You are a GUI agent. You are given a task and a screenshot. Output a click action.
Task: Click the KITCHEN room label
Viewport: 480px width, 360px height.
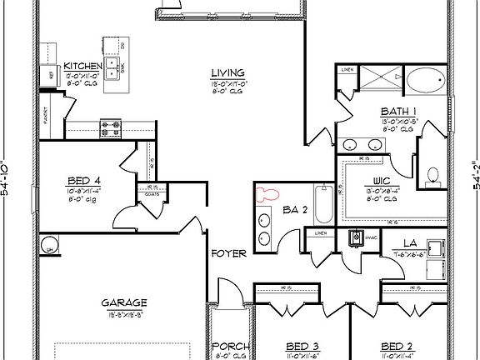point(82,67)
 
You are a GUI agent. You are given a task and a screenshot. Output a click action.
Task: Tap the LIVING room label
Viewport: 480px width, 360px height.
point(225,73)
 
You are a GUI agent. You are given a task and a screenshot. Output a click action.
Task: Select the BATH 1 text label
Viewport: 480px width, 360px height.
point(394,111)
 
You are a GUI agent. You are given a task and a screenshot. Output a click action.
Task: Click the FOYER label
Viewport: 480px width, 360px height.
point(227,253)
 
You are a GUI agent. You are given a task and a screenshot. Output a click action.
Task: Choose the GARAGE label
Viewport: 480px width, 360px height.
point(125,302)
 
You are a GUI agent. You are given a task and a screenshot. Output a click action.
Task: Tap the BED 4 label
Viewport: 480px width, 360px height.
point(84,180)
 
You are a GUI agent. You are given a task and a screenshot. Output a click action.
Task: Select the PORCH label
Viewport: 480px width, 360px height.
point(227,347)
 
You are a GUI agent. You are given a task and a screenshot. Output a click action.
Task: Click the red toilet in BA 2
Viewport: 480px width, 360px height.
point(269,195)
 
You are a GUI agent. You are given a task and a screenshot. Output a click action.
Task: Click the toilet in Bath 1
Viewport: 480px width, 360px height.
point(432,175)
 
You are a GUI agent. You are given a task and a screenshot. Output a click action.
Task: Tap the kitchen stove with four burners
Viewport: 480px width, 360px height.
point(110,128)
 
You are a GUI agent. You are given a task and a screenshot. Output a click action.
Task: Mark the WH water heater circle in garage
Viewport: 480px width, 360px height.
point(50,247)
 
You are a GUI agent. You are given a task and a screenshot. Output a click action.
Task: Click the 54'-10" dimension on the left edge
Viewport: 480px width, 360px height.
point(8,179)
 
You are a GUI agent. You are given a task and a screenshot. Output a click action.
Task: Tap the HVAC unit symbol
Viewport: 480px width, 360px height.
point(357,239)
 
